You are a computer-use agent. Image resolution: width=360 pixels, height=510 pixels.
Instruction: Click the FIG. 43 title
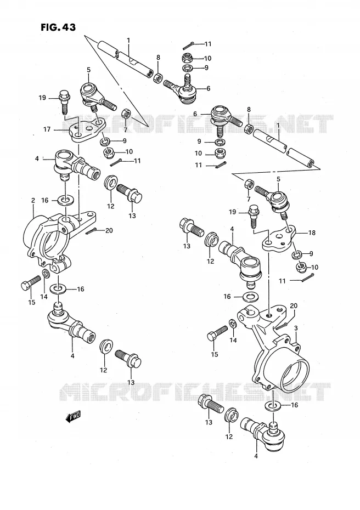coord(58,27)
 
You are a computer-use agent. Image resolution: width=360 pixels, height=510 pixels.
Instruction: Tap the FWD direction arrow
coord(73,417)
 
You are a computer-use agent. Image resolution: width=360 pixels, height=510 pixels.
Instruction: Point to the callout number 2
coord(33,200)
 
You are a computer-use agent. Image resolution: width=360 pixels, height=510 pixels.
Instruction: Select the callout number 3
coord(296,328)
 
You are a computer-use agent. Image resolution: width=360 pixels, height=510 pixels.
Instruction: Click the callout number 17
coord(47,129)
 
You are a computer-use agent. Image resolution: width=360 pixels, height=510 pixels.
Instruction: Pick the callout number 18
coord(312,233)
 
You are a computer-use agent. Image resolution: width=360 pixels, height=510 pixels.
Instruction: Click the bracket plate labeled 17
coord(87,129)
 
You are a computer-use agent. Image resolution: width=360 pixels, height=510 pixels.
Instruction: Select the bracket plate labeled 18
coord(279,239)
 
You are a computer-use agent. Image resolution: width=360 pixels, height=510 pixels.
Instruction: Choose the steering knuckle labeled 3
coord(275,348)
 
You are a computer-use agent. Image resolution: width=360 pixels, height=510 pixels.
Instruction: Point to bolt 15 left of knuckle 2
coord(30,283)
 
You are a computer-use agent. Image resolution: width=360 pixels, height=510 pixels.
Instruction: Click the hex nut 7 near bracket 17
coord(126,114)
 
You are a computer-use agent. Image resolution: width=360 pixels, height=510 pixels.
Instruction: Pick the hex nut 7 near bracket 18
coord(249,184)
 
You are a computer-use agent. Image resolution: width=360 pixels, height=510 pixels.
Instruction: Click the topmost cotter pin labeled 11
coord(189,44)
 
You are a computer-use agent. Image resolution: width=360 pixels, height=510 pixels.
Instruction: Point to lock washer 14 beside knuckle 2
coord(46,274)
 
